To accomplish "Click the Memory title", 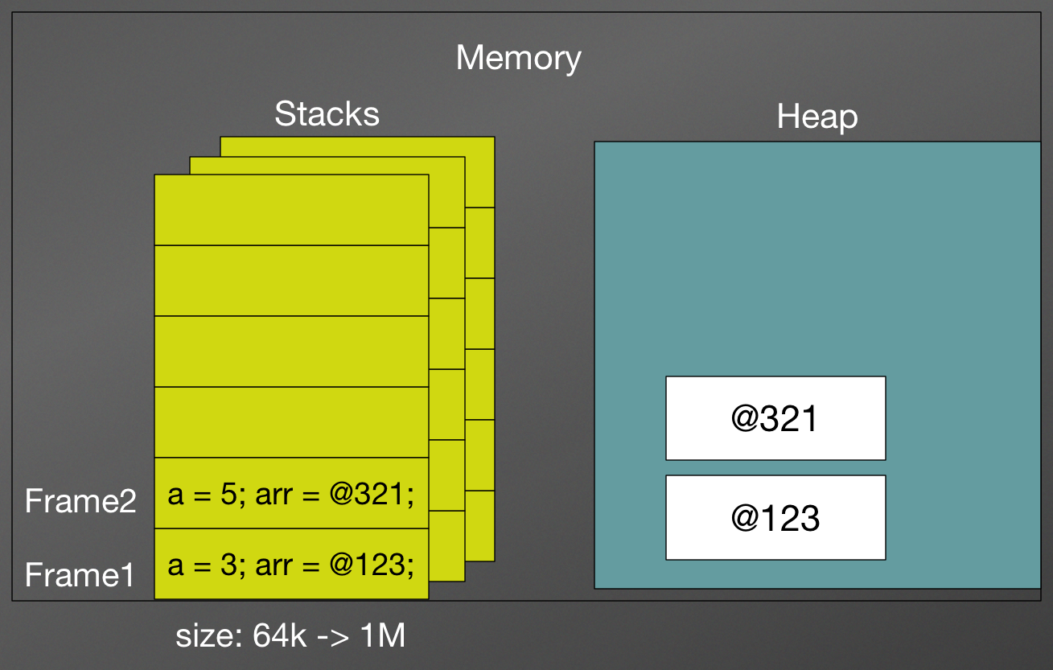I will click(518, 59).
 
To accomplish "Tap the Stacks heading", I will click(327, 114).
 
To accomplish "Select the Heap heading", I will click(816, 117).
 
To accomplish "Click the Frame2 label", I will click(80, 501).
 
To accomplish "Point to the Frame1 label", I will click(80, 575).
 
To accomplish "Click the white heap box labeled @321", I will click(775, 418).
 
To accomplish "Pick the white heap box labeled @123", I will click(775, 518).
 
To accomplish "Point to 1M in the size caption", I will click(383, 636).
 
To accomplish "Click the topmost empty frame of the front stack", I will click(291, 210).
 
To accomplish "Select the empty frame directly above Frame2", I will click(291, 422).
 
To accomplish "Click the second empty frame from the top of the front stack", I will click(291, 281).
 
